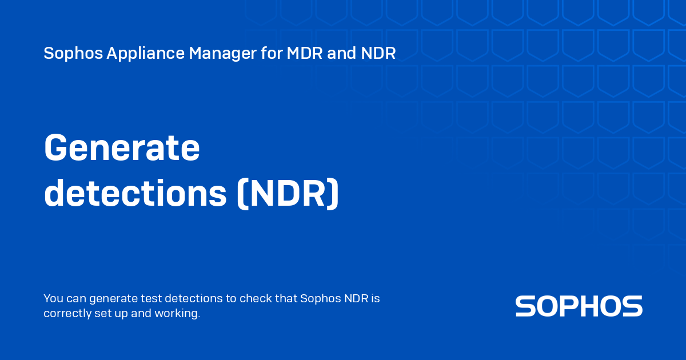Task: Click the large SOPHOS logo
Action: (x=579, y=306)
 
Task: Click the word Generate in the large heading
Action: (x=122, y=148)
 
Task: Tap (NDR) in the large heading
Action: (x=288, y=194)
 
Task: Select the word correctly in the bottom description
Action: (x=65, y=313)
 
